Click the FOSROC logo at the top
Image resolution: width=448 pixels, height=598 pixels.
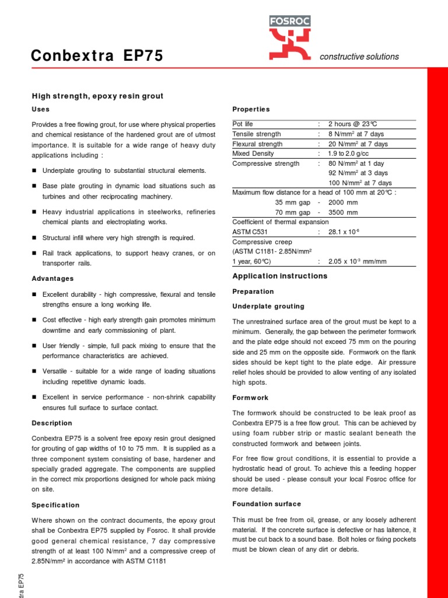click(289, 38)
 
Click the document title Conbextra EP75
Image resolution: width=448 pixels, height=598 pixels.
click(97, 56)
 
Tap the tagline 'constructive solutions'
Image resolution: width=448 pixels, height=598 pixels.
click(359, 57)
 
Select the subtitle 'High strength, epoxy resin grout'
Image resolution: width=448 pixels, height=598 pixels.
click(97, 96)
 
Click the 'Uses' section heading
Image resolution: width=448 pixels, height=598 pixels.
click(40, 109)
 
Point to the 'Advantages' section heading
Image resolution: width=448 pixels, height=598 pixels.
click(52, 279)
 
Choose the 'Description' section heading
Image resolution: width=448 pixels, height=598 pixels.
click(52, 423)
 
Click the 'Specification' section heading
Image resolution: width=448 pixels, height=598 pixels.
click(55, 505)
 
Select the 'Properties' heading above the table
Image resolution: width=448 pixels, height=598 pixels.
click(251, 109)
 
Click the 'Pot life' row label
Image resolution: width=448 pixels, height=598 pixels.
click(243, 124)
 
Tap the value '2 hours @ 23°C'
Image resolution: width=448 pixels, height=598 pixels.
click(353, 124)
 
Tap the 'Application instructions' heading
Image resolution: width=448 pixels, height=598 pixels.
click(280, 276)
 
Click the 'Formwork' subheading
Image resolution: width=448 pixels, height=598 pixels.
click(250, 398)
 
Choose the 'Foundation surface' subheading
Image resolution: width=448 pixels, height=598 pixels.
click(267, 504)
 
